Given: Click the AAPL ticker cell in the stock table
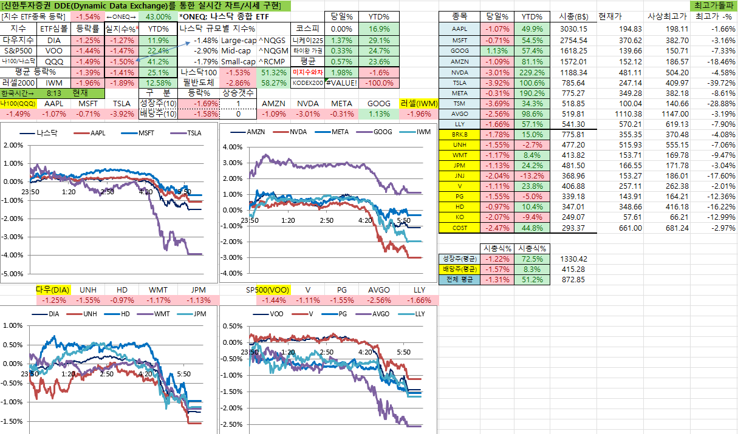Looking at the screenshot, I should pos(459,29).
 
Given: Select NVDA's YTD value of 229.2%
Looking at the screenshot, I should pos(532,71).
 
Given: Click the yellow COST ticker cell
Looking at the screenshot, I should pos(459,228).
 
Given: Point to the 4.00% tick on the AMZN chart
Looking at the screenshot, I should pos(233,147).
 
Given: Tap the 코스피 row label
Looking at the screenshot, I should pos(308,29).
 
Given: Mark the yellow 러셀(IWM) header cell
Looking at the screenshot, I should pos(419,104).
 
